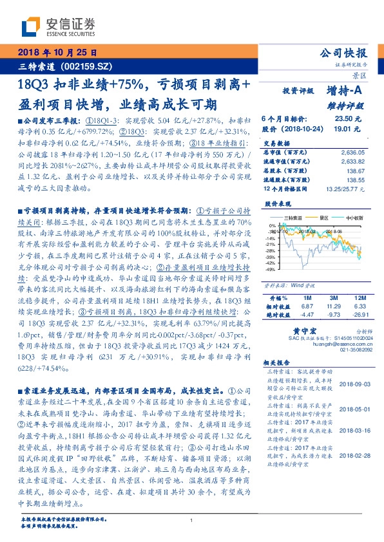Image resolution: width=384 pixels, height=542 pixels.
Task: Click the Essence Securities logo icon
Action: point(30,27)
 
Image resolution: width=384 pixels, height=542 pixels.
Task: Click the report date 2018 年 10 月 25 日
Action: point(57,52)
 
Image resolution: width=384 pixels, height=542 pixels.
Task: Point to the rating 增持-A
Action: point(345,92)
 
